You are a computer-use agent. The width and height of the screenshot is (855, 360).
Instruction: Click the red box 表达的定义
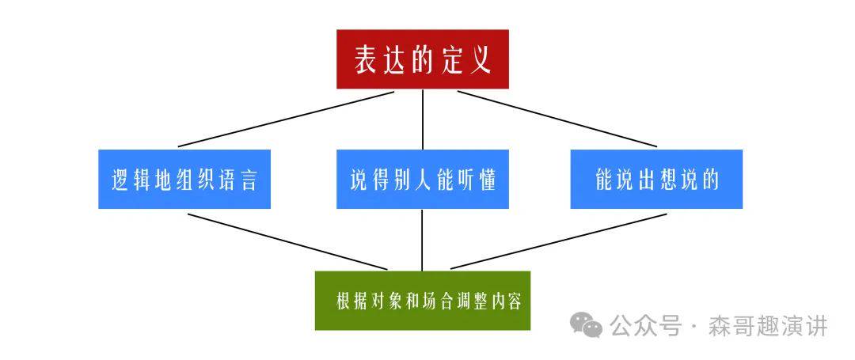[x=422, y=59]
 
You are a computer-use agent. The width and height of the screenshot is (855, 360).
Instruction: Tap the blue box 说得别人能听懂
[x=422, y=180]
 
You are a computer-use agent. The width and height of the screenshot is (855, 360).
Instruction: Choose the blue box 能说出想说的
[x=656, y=180]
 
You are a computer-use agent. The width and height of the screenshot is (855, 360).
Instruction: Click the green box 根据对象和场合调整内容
[x=422, y=301]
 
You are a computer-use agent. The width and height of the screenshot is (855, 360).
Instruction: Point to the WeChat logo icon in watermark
[x=587, y=324]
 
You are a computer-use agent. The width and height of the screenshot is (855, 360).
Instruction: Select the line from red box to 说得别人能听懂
[x=422, y=119]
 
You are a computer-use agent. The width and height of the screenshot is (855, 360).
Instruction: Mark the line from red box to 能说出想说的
[x=557, y=119]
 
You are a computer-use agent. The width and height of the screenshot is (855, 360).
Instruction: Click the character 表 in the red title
[x=365, y=60]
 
